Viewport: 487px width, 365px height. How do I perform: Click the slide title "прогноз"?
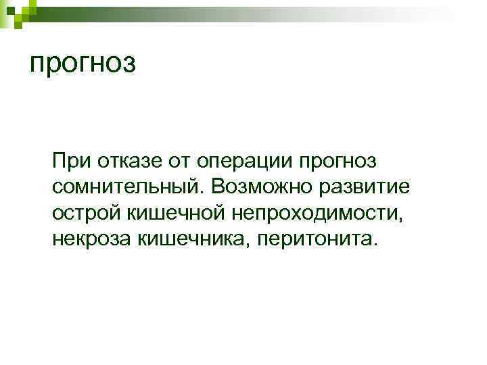pos(84,64)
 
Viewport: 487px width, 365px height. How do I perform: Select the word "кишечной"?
pos(175,213)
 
